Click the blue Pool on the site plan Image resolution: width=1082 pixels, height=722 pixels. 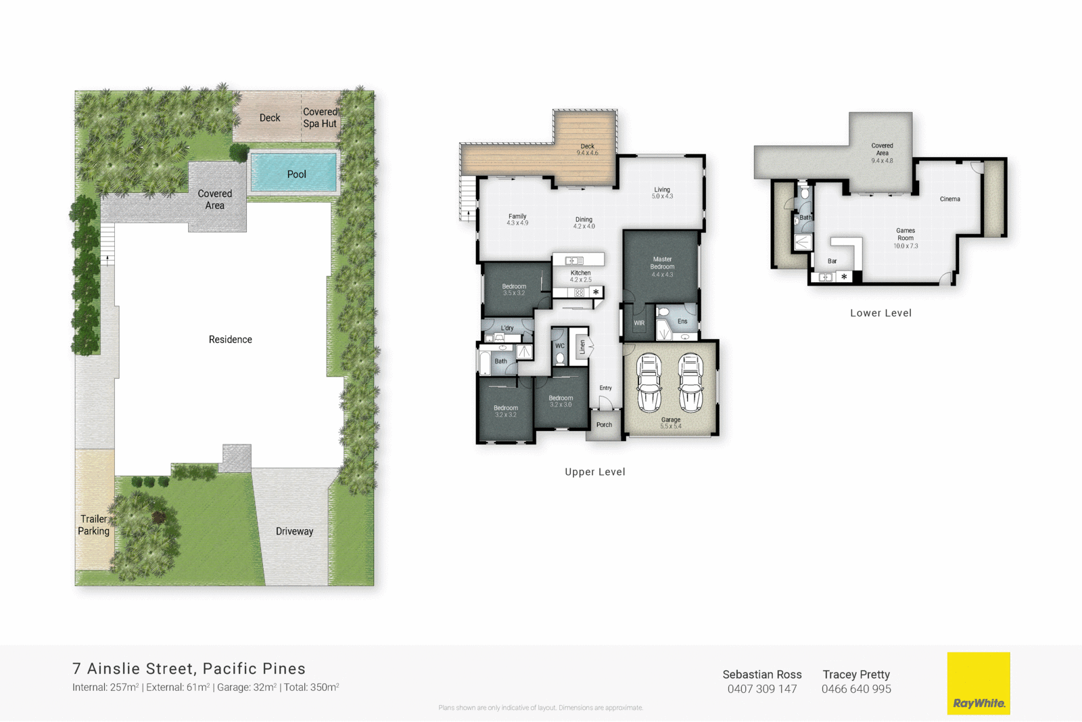(x=293, y=173)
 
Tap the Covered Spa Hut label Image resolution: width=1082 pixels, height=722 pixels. (x=320, y=118)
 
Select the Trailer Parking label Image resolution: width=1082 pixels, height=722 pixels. (x=93, y=525)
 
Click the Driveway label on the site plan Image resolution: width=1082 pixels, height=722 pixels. (x=294, y=531)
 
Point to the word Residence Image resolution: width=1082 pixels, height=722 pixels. (x=230, y=340)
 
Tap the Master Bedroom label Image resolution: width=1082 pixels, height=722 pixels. (x=662, y=263)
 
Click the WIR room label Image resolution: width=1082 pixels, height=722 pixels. (x=639, y=323)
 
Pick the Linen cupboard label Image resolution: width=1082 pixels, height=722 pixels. (x=582, y=347)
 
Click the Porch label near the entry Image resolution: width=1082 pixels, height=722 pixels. (x=604, y=425)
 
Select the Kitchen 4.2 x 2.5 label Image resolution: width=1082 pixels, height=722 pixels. (x=580, y=276)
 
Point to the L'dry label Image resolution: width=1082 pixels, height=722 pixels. (x=507, y=328)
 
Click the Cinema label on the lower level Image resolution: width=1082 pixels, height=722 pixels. (x=949, y=199)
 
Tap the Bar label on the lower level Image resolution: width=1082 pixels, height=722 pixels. (x=832, y=261)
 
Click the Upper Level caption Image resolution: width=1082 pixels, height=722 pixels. (x=595, y=472)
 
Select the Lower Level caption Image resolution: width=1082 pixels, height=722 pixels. (x=880, y=313)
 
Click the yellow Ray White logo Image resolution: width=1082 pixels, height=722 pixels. (x=979, y=683)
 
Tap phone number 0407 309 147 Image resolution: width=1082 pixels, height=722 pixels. (x=762, y=689)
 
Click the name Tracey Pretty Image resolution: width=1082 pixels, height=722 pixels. (x=856, y=675)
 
